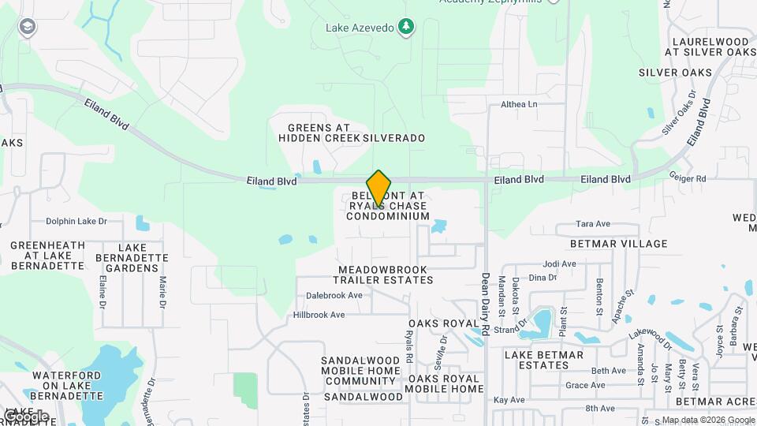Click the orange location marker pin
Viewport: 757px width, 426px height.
(x=378, y=188)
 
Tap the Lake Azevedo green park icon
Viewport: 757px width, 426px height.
(x=406, y=28)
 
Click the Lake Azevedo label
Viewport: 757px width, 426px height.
(x=360, y=28)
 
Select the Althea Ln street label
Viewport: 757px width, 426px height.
(x=519, y=104)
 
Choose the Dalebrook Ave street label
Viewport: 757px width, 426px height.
(x=334, y=296)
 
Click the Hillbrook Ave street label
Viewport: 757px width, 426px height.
(x=319, y=315)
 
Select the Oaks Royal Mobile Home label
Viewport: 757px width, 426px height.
(x=445, y=383)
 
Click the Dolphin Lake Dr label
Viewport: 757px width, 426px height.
(x=76, y=222)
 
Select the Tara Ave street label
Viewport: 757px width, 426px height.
(x=594, y=224)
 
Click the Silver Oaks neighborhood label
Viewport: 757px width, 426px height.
(x=675, y=73)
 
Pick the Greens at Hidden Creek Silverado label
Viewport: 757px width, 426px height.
(x=352, y=133)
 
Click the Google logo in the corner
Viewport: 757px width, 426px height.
(x=26, y=416)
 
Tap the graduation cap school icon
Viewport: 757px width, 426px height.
(x=28, y=28)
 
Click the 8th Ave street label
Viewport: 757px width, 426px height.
(x=600, y=409)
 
